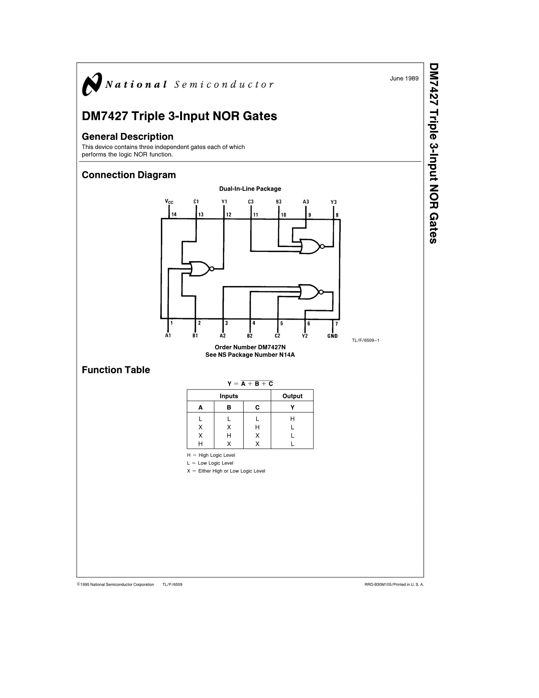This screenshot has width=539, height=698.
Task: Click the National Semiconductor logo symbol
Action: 92,84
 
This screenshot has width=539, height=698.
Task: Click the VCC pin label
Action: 169,201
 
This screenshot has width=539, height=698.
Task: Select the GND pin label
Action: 332,336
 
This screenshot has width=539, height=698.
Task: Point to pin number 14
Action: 174,214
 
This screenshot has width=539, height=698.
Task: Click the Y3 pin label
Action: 334,202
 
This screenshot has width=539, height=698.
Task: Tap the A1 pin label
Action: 168,336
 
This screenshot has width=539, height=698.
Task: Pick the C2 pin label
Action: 277,336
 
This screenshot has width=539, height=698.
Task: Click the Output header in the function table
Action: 292,396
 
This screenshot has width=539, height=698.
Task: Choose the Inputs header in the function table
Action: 229,396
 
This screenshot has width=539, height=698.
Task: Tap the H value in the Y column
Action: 292,419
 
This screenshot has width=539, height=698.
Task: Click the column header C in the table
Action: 257,407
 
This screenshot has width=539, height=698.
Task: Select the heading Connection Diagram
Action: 129,175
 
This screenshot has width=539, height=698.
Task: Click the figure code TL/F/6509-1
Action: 366,341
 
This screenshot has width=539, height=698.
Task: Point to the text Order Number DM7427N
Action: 250,347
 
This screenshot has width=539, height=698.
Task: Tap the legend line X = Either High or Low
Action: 226,471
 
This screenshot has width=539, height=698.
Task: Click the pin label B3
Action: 279,202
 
